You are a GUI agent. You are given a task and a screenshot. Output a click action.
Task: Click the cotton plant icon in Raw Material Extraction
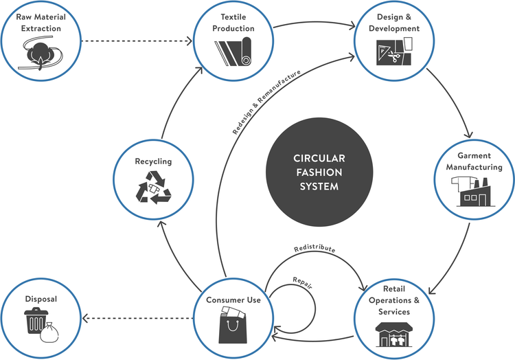(x=40, y=52)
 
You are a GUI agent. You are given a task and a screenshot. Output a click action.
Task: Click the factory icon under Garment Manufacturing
(x=473, y=190)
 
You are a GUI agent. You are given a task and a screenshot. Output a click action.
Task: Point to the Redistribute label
(x=314, y=249)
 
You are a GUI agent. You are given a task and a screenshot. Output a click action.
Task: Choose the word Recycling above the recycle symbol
(x=153, y=161)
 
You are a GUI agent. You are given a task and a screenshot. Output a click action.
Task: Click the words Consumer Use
(x=233, y=300)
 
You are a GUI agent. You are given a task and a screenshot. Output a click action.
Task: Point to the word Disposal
(x=41, y=300)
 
